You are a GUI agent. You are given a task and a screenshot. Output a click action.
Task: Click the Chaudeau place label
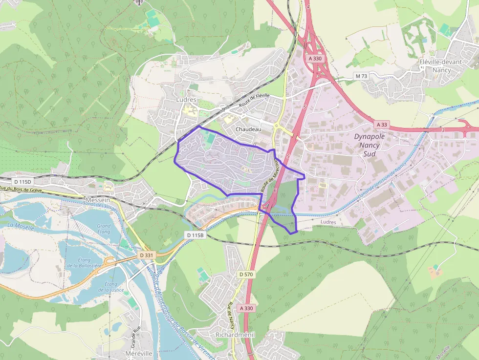click(x=248, y=129)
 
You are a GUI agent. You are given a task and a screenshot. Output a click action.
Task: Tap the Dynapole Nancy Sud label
click(x=370, y=145)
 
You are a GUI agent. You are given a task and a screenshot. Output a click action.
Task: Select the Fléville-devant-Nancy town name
click(x=442, y=66)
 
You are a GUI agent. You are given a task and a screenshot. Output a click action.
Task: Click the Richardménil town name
click(x=235, y=335)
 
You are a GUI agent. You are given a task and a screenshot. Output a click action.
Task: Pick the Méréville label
click(x=139, y=353)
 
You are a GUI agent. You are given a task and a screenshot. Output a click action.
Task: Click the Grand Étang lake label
click(x=104, y=229)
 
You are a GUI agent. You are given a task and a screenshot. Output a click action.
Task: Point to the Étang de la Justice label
click(x=111, y=287)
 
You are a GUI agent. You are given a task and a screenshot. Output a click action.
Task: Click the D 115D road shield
click(x=22, y=181)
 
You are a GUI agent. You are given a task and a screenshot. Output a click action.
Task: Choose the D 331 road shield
click(x=146, y=255)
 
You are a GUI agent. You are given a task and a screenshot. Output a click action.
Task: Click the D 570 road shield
click(x=246, y=275)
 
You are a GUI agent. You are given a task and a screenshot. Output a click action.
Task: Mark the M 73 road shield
click(x=361, y=76)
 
